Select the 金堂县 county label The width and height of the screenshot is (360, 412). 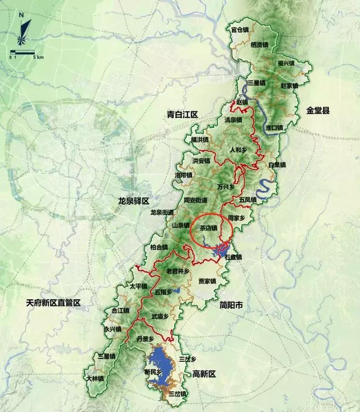[317, 110]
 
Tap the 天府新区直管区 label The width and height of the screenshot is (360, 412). [53, 303]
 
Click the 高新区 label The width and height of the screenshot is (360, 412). [204, 374]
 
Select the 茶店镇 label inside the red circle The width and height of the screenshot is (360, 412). [209, 228]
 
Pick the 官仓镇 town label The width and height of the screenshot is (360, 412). [240, 30]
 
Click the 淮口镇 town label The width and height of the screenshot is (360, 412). [274, 127]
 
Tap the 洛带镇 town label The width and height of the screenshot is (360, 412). [183, 175]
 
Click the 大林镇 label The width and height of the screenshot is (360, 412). [94, 378]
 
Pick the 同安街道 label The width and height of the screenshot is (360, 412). [195, 200]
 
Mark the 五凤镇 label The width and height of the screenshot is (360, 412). [247, 199]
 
